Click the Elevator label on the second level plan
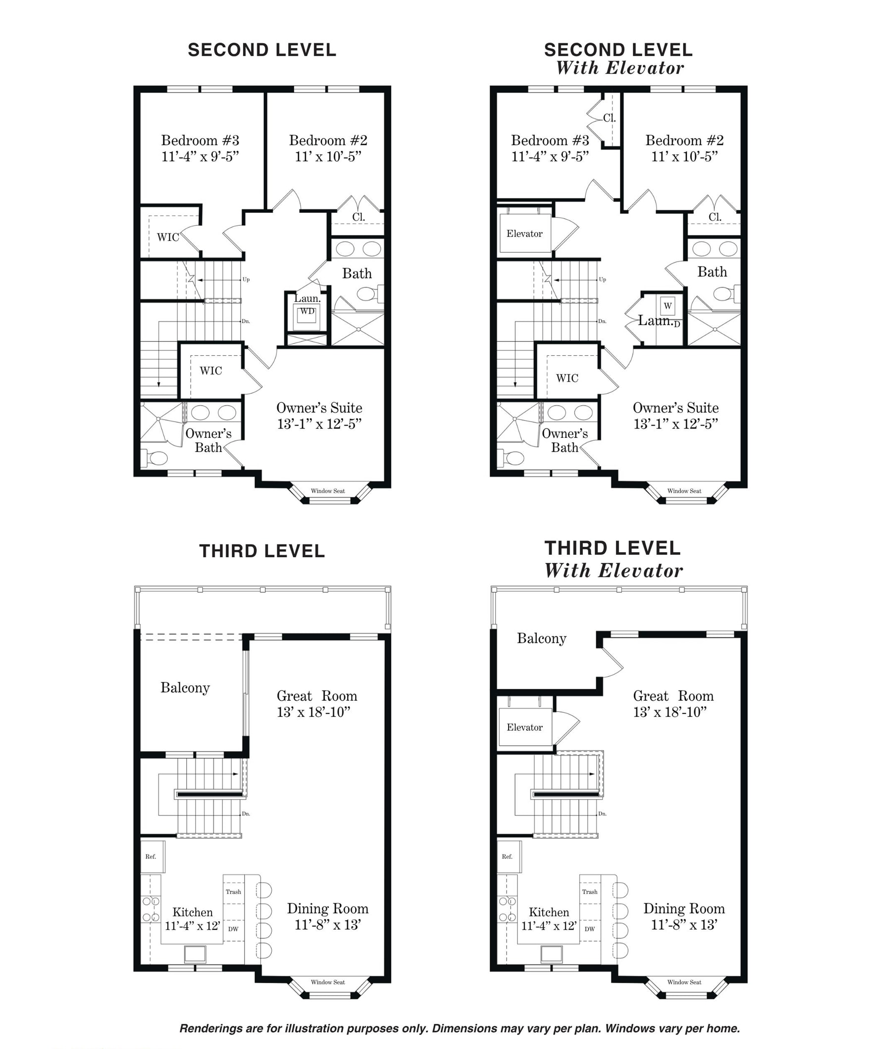point(524,234)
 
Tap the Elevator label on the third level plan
point(524,727)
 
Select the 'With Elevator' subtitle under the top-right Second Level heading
point(620,68)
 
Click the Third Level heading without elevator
point(262,551)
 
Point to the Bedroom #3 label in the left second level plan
point(200,141)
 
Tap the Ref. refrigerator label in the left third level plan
point(151,856)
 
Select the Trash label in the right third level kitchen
point(590,892)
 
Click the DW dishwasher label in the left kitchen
point(233,929)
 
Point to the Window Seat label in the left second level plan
point(328,491)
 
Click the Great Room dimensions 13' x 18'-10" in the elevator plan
point(670,713)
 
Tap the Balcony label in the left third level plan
point(185,688)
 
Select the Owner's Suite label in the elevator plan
point(675,408)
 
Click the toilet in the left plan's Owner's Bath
point(156,458)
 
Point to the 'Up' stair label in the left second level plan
point(246,280)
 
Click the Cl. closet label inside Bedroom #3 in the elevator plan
point(609,118)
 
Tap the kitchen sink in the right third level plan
point(551,954)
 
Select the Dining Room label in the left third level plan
point(327,908)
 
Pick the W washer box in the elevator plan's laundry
point(667,306)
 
